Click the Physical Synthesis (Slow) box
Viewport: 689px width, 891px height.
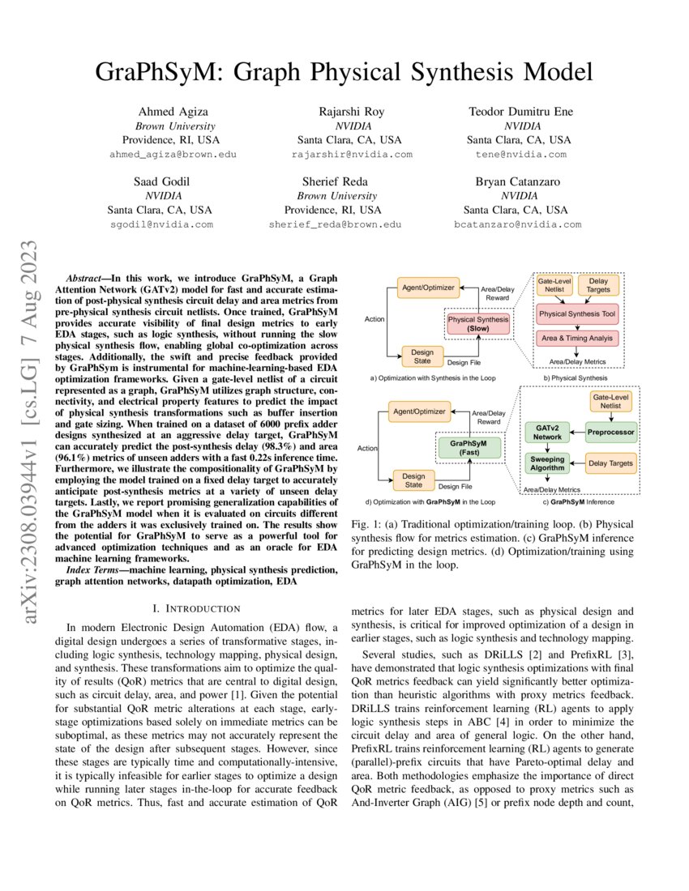[477, 324]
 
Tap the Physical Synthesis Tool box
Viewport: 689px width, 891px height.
[576, 312]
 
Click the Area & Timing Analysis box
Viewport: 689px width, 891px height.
[576, 338]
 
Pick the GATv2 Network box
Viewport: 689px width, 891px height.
[547, 431]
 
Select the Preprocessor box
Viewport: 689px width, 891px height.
[611, 431]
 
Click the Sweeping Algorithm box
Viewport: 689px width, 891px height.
[547, 463]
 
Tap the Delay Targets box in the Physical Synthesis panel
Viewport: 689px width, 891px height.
[602, 285]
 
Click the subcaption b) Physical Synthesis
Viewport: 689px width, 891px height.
[576, 377]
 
